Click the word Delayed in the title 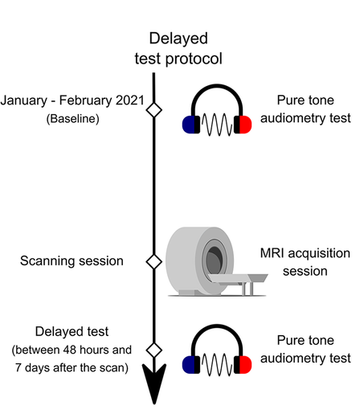(178, 38)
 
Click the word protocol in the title (194, 59)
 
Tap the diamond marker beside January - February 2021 (154, 110)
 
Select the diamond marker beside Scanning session (154, 261)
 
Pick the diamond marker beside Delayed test (154, 350)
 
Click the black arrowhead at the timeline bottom (154, 383)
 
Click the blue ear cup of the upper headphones (191, 125)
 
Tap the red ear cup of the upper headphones (243, 125)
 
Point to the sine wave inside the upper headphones (217, 125)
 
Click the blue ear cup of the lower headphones (191, 364)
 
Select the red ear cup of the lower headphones (243, 364)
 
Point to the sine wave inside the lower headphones (217, 364)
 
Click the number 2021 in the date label (130, 100)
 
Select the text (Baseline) (73, 118)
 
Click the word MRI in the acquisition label (272, 253)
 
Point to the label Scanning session (72, 260)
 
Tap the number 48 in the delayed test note (70, 350)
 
